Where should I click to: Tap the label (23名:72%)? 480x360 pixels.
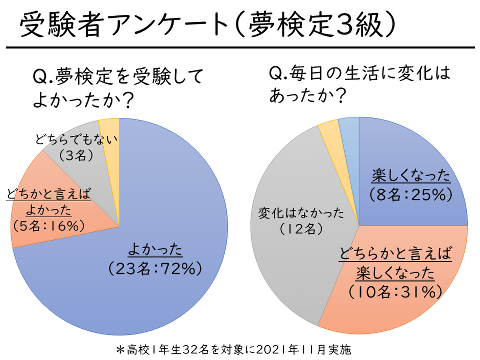(x=155, y=269)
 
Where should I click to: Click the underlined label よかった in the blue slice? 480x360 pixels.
(x=155, y=251)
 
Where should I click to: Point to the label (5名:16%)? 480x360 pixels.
(x=49, y=225)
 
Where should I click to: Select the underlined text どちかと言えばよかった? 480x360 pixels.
(x=49, y=202)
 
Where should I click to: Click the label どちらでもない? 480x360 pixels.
(x=77, y=139)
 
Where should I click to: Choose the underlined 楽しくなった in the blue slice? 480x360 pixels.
(x=411, y=177)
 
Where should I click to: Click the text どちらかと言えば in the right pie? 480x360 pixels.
(x=396, y=254)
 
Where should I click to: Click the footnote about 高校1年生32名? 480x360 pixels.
(x=241, y=350)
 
